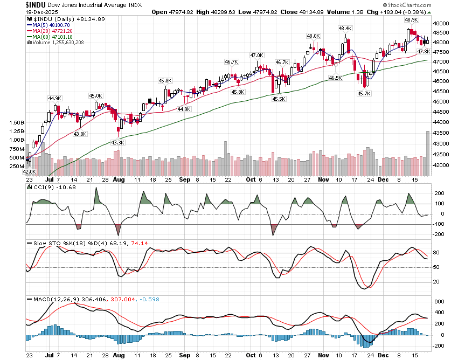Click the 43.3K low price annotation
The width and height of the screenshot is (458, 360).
coord(117,142)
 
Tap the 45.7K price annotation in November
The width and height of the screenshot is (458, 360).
coord(364,94)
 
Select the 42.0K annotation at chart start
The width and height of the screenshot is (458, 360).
coord(29,171)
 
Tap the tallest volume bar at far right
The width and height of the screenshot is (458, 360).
coord(428,153)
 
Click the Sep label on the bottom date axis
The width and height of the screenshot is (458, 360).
coord(185,355)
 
